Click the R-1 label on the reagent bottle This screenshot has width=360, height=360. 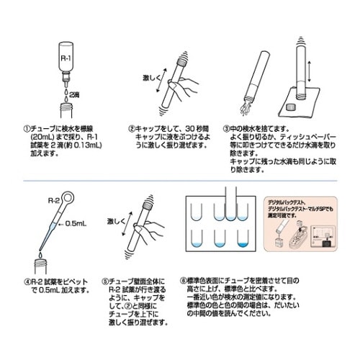pos(63,58)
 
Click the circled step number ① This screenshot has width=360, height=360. pos(25,128)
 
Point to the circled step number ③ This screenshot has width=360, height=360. pos(227,128)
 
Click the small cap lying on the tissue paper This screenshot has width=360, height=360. pos(291,108)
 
